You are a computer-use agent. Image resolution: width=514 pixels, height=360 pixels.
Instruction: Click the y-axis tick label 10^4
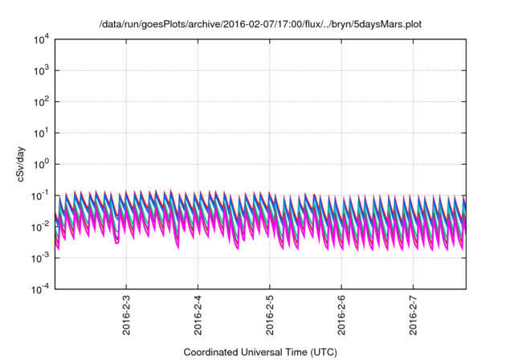[41, 39]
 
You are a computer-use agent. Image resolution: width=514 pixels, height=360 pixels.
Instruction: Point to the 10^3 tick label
[41, 71]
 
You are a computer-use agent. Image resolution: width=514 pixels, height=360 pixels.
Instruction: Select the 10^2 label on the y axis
[41, 102]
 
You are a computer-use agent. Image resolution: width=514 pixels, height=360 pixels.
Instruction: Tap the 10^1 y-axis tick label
[41, 133]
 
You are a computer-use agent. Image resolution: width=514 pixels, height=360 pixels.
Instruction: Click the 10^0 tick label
[41, 164]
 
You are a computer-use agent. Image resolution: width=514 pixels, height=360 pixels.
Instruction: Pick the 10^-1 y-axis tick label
[40, 195]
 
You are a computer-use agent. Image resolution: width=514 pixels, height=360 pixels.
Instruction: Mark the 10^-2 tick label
[40, 227]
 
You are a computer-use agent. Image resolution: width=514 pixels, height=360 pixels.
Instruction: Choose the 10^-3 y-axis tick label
[40, 257]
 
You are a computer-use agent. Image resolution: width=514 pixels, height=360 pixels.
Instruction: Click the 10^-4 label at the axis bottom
[40, 288]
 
